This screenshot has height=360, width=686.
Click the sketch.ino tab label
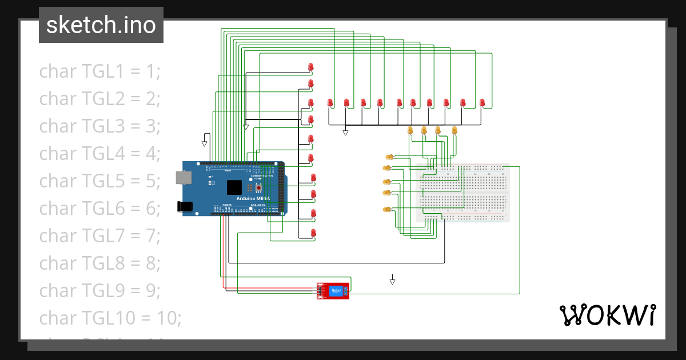click(x=101, y=25)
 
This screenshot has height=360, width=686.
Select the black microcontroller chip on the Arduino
click(x=234, y=187)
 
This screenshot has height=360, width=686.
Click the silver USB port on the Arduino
click(x=184, y=178)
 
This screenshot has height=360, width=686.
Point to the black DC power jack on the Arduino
click(x=185, y=206)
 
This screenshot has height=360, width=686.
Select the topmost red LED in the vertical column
click(x=310, y=67)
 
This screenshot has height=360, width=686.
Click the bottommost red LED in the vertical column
click(x=313, y=233)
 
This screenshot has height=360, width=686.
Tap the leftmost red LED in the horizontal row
click(x=330, y=103)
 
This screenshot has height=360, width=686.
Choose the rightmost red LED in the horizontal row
click(x=482, y=103)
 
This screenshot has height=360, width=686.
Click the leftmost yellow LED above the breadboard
click(x=410, y=130)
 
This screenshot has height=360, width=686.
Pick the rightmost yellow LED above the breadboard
click(x=454, y=130)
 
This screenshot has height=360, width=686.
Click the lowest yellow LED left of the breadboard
click(x=387, y=210)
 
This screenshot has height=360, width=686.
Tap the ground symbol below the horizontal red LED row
click(x=345, y=133)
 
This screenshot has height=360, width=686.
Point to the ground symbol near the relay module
click(x=393, y=281)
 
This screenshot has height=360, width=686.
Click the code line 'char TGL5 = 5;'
click(x=100, y=181)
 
